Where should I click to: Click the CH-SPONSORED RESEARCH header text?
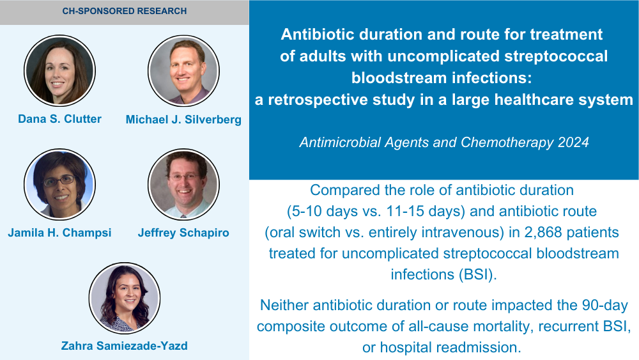pyautogui.click(x=125, y=11)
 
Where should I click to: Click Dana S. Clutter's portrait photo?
pyautogui.click(x=59, y=70)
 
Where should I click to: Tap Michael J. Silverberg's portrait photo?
pyautogui.click(x=183, y=70)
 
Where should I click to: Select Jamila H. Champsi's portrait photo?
pyautogui.click(x=59, y=184)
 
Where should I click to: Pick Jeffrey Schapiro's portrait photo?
pyautogui.click(x=183, y=184)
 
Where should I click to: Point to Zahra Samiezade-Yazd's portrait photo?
pyautogui.click(x=125, y=298)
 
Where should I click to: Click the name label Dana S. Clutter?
pyautogui.click(x=59, y=119)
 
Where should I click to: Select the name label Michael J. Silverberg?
pyautogui.click(x=183, y=120)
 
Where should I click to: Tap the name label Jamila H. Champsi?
pyautogui.click(x=59, y=233)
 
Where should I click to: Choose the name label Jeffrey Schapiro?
pyautogui.click(x=183, y=233)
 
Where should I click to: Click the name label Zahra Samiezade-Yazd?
pyautogui.click(x=125, y=346)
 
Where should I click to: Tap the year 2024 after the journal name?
pyautogui.click(x=573, y=143)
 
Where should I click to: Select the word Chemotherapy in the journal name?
pyautogui.click(x=507, y=143)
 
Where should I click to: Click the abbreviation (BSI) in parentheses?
pyautogui.click(x=477, y=274)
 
